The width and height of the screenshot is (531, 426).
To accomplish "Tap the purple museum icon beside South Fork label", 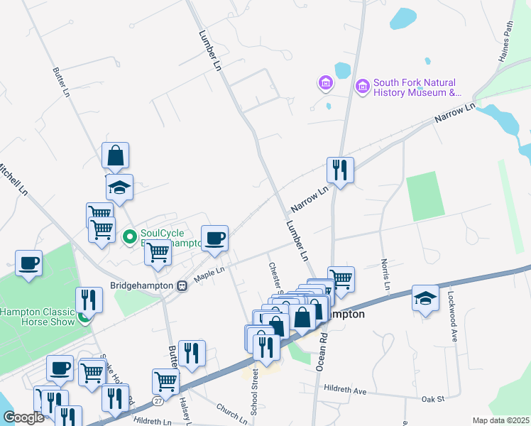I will [x=363, y=87].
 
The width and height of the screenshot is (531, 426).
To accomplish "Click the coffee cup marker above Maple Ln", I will [x=214, y=238].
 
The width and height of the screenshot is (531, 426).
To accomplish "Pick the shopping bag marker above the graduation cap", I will [x=115, y=155].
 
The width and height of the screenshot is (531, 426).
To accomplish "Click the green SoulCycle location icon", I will [x=130, y=236].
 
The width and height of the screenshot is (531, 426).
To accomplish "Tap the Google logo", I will [x=23, y=417].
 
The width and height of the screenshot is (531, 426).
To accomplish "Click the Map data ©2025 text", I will [x=500, y=420].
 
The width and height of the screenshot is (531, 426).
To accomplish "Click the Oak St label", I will [x=432, y=399].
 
